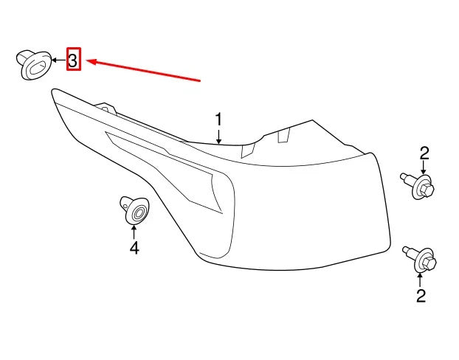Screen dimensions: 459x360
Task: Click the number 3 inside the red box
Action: pos(73,60)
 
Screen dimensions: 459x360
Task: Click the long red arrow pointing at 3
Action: pos(144,69)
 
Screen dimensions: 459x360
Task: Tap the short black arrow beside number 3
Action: pos(59,60)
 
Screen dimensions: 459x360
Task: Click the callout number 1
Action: pos(218,121)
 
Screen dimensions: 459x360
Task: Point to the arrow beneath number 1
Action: pos(218,137)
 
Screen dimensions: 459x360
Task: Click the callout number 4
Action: pos(134,248)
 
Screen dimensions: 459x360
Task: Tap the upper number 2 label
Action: pos(424,153)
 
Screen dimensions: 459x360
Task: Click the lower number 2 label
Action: pos(421,296)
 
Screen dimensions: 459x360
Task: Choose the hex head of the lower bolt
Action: pos(429,263)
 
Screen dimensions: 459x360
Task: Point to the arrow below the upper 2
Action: pos(424,168)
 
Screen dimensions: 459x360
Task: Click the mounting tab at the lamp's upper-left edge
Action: pos(106,108)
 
